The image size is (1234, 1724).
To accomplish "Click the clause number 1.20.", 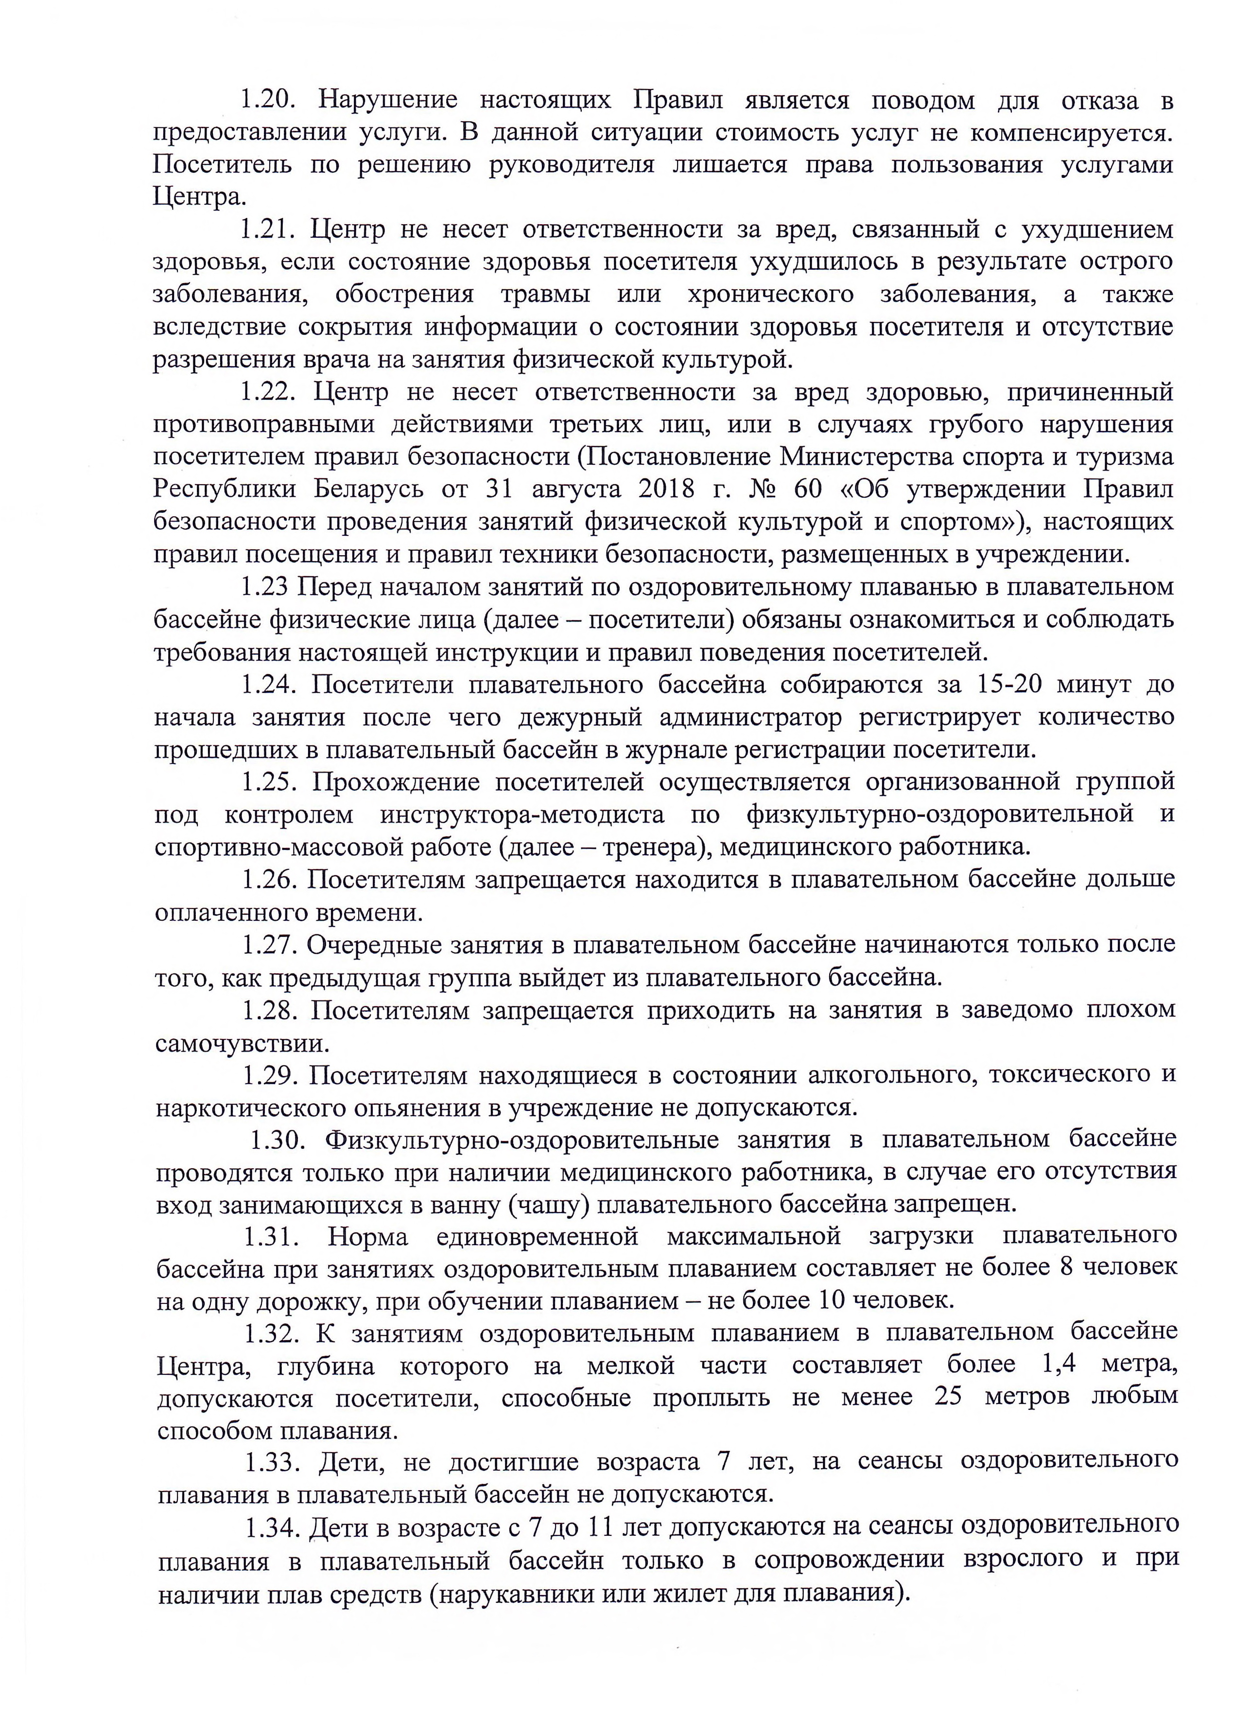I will pyautogui.click(x=267, y=100).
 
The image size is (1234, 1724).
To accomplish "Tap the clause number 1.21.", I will pyautogui.click(x=267, y=229).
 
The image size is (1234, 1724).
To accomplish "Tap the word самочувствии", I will pyautogui.click(x=243, y=1043).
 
